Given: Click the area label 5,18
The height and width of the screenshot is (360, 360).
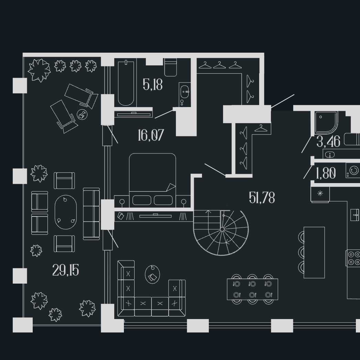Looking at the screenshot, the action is (153, 84).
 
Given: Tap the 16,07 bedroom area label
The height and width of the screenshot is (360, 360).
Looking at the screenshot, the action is (151, 135).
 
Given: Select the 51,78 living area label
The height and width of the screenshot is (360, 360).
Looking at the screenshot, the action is (262, 198).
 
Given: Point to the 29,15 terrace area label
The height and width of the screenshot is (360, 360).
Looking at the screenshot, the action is (66, 270).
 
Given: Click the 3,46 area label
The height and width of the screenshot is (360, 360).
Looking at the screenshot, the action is (328, 141).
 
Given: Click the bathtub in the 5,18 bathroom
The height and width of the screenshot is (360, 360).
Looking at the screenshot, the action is (126, 83).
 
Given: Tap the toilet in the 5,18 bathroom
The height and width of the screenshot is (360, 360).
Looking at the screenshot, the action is (171, 67).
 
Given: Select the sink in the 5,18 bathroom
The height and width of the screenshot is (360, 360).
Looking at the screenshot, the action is (185, 92).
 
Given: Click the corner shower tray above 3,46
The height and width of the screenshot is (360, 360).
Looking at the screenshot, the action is (326, 123).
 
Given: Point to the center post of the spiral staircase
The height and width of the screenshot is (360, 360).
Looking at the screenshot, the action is (222, 229).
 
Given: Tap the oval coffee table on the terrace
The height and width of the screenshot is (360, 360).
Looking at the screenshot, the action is (66, 212).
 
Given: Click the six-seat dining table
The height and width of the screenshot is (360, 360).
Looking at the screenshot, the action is (252, 289).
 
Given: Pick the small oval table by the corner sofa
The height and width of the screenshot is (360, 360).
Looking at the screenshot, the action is (152, 274).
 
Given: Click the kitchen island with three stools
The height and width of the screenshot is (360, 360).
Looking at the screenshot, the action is (314, 253).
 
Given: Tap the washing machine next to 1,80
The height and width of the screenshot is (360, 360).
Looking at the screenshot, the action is (353, 170).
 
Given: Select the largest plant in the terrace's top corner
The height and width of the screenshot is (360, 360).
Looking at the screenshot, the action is (39, 70).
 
